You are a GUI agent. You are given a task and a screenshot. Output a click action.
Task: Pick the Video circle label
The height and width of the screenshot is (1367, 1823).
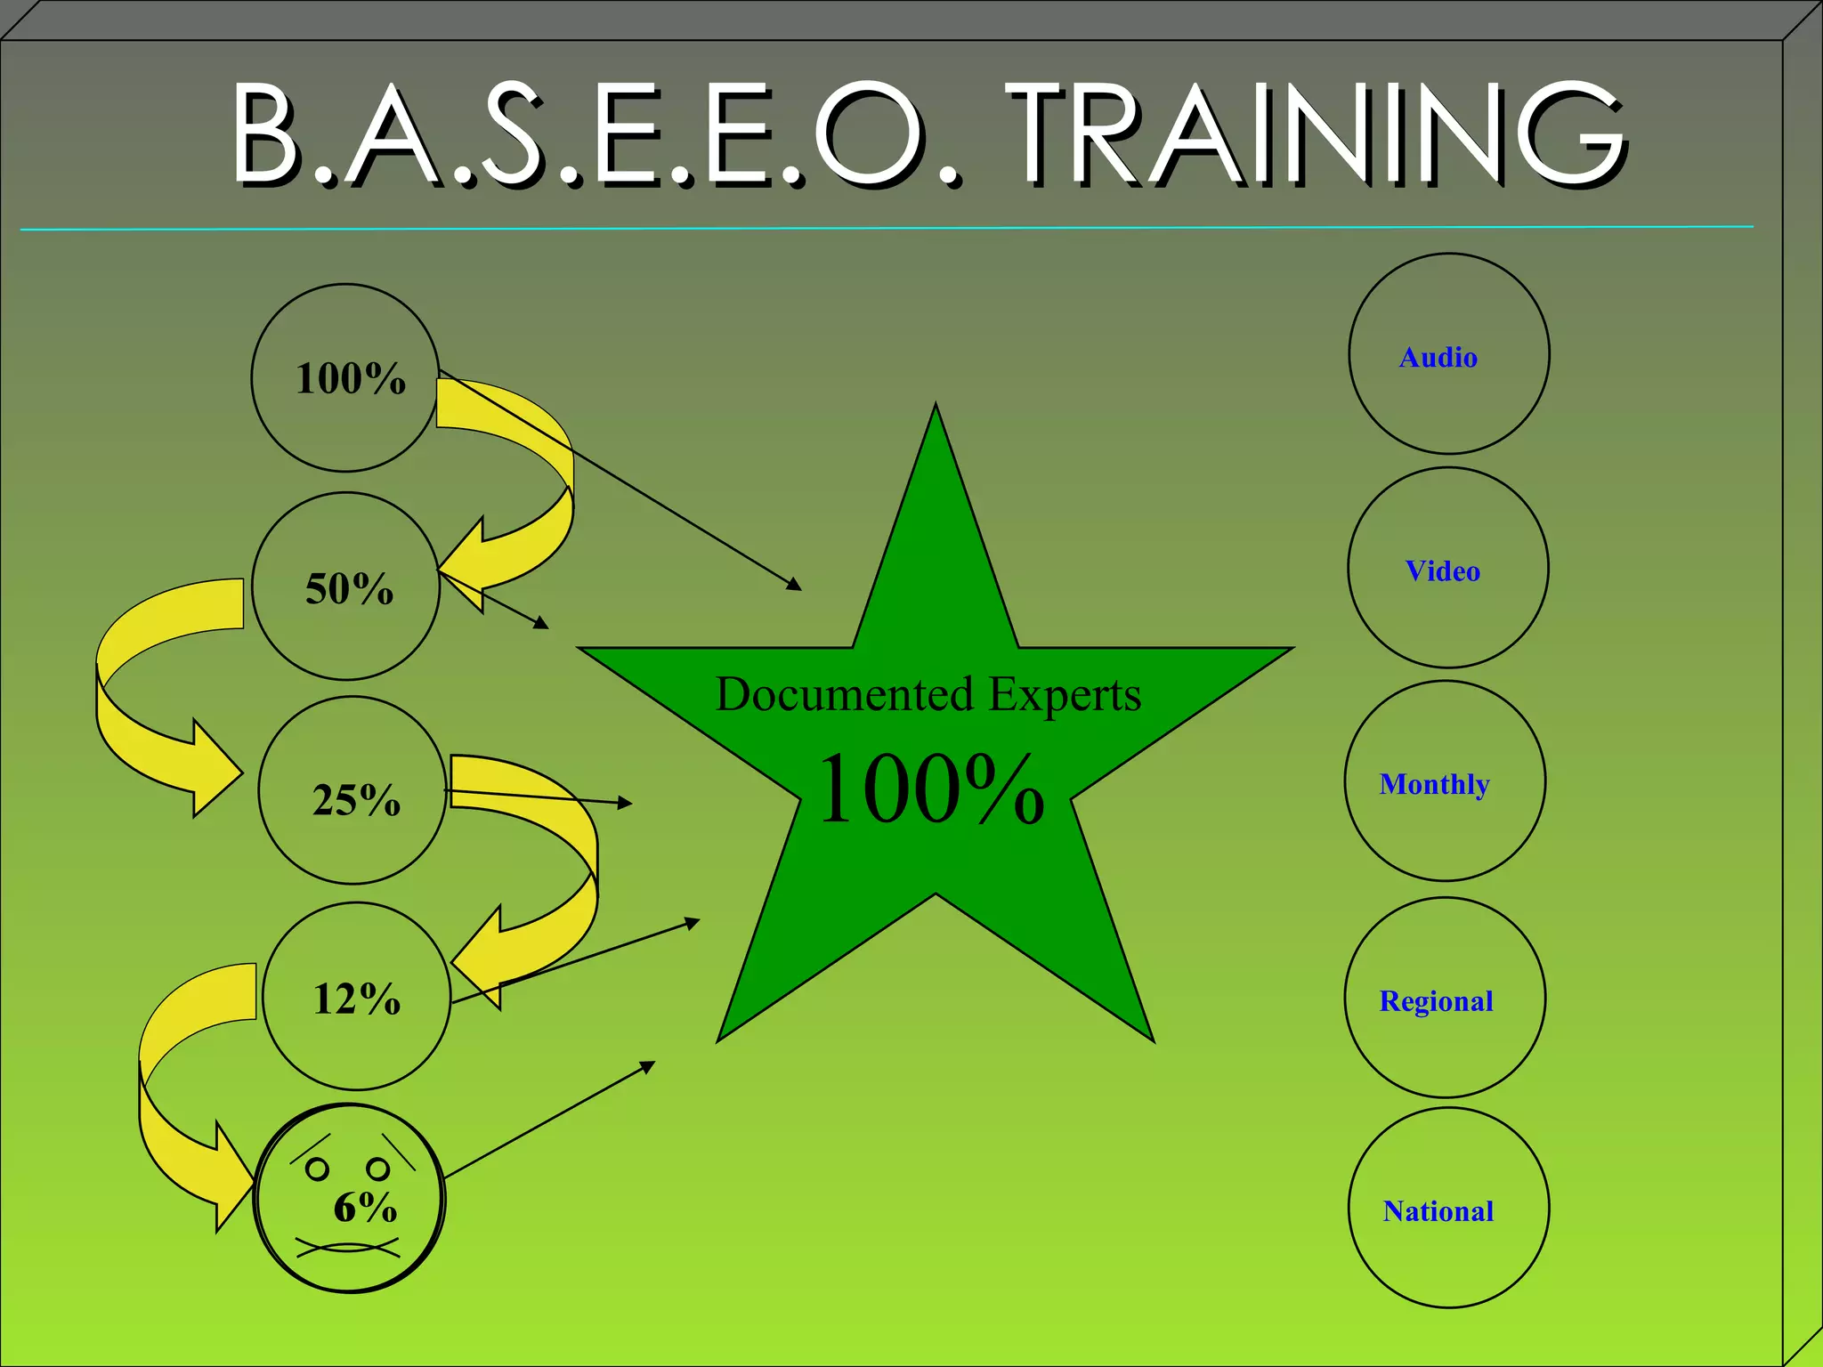tap(1442, 571)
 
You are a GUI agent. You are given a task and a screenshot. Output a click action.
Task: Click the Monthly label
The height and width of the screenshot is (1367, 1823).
tap(1434, 784)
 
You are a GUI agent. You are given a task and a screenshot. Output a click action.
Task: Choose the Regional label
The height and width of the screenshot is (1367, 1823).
tap(1436, 1001)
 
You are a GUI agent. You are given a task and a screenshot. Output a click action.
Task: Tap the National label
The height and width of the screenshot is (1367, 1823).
tap(1438, 1211)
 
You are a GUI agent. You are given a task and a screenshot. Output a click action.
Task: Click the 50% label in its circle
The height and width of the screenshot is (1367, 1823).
tap(349, 588)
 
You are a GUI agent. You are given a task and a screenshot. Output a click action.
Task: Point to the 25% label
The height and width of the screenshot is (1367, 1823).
tap(356, 799)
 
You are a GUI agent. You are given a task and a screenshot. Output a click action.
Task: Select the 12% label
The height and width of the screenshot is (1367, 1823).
tap(356, 999)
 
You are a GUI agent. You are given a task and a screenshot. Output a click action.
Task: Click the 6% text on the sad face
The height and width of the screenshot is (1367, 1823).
tap(365, 1208)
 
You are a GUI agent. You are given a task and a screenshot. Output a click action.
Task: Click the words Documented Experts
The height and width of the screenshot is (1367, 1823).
tap(928, 694)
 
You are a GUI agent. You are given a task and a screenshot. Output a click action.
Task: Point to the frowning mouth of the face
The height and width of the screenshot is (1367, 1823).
tap(347, 1247)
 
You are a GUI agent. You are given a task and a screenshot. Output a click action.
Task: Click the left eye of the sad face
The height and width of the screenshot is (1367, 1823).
tap(317, 1169)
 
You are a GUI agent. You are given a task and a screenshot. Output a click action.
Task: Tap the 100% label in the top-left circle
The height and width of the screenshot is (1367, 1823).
tap(351, 378)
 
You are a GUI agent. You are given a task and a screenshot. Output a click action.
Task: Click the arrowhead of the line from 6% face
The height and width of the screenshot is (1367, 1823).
tap(650, 1064)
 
